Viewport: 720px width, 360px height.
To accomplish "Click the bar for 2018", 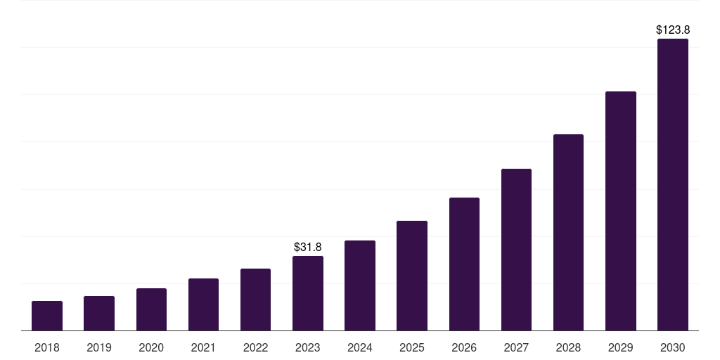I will [x=47, y=316].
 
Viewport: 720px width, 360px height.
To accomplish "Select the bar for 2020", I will [x=151, y=309].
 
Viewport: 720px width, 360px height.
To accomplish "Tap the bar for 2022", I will [x=255, y=300].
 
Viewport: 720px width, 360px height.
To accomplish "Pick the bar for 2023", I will [x=308, y=293].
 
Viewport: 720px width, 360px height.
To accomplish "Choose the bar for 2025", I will [x=412, y=276].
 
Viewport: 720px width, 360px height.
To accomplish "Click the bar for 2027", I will [x=516, y=250].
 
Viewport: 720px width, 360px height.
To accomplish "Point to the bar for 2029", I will [x=620, y=211].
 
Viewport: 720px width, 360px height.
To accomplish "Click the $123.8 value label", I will [x=673, y=30].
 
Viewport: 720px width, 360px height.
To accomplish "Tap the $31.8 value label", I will [x=308, y=247].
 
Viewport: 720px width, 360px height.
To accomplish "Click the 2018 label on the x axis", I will [x=47, y=347].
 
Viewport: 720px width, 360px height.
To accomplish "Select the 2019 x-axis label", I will [x=99, y=347].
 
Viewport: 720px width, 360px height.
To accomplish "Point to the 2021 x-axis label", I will [x=203, y=347].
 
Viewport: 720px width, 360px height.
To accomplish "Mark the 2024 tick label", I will [x=360, y=347].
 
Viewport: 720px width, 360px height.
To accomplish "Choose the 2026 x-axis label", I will [x=464, y=347].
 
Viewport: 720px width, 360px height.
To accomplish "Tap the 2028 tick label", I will [x=568, y=347].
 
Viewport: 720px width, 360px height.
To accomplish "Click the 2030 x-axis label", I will [x=672, y=347].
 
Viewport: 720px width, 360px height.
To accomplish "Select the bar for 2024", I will [x=360, y=285].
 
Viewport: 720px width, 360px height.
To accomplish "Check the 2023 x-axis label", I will [x=308, y=347].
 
